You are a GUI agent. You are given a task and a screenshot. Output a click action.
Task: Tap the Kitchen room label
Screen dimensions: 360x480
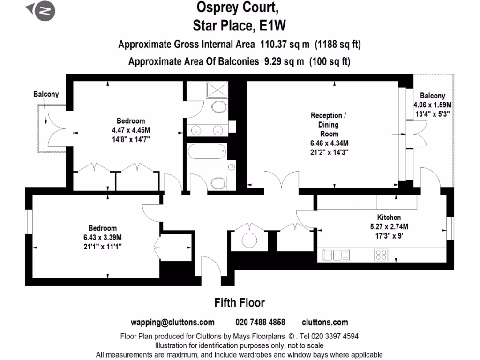tap(389, 217)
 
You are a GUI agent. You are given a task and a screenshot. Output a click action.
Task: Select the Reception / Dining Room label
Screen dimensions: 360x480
tap(330, 124)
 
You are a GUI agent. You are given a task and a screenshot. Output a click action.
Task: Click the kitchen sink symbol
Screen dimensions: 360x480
tap(337, 255)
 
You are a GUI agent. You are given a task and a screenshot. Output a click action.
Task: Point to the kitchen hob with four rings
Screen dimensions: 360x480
tap(381, 255)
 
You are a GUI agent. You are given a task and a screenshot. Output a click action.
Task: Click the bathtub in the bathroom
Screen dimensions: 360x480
tap(206, 151)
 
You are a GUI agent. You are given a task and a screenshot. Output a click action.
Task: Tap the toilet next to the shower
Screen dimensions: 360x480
tap(219, 107)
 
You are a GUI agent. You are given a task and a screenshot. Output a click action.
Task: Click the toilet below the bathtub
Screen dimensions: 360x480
tap(219, 181)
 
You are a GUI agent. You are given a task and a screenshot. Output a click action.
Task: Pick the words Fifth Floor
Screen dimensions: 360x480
tap(240, 303)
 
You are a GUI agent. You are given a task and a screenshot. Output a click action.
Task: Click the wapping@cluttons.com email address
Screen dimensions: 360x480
tap(172, 322)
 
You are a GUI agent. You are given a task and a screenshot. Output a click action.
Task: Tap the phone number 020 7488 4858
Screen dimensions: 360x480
tap(260, 322)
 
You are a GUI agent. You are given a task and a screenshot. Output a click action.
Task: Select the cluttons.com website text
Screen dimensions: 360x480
tap(325, 322)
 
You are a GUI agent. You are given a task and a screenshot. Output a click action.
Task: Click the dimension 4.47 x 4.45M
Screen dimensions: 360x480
tap(131, 130)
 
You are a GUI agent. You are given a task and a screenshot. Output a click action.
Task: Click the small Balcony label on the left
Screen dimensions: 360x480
tap(46, 94)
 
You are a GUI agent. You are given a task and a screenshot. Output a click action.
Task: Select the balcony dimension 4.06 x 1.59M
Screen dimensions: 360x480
tap(432, 105)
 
